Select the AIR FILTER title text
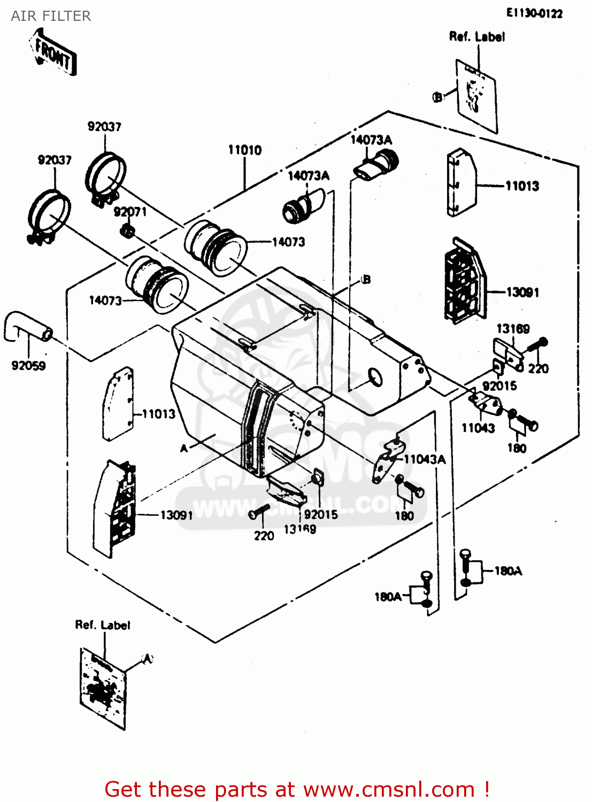click(51, 16)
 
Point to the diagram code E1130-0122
click(534, 13)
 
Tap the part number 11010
click(245, 150)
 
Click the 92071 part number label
click(130, 212)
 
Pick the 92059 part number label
click(28, 366)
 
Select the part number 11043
click(478, 428)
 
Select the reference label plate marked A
click(103, 690)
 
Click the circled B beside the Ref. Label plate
click(438, 97)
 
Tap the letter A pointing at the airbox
click(184, 448)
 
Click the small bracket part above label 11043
click(486, 403)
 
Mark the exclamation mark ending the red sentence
click(486, 790)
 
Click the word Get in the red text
click(125, 790)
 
